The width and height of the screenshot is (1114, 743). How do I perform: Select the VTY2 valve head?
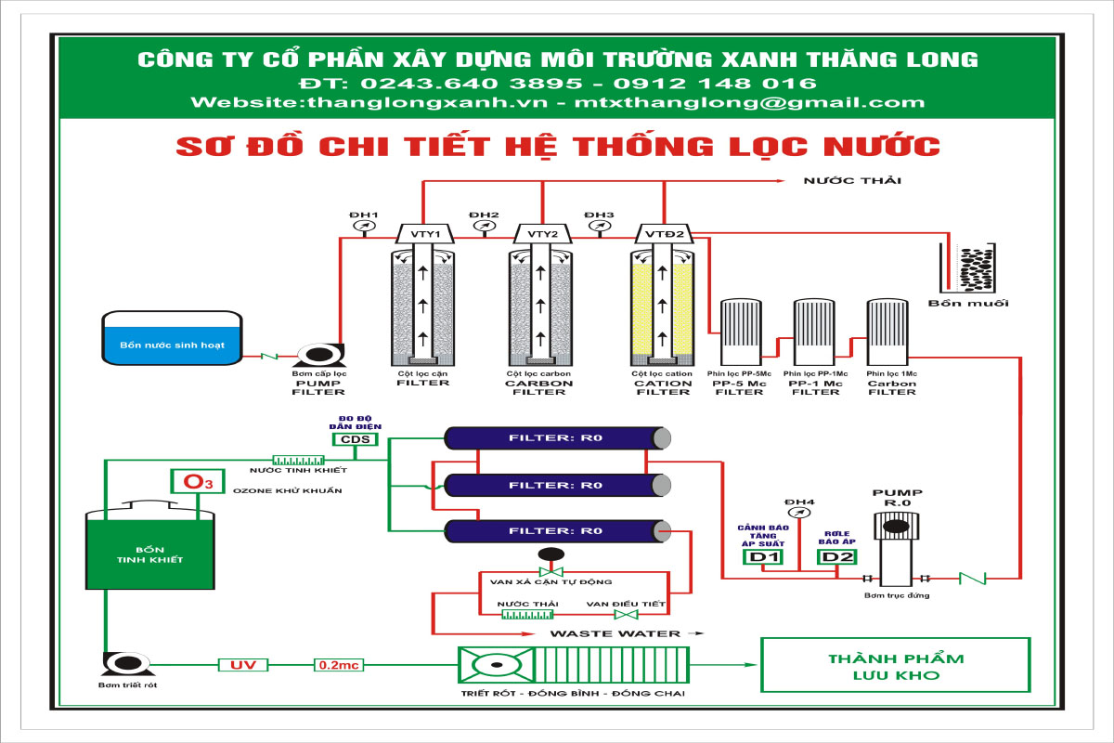click(x=542, y=233)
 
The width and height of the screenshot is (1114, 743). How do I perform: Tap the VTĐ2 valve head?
click(x=664, y=233)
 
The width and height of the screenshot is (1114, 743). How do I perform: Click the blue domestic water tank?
click(x=172, y=338)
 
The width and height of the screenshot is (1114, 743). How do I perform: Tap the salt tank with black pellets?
click(x=967, y=268)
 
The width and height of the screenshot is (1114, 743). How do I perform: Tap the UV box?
click(x=242, y=665)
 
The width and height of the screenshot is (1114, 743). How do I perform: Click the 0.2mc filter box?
click(x=339, y=665)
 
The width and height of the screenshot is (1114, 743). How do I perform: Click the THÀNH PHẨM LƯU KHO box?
click(x=895, y=665)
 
